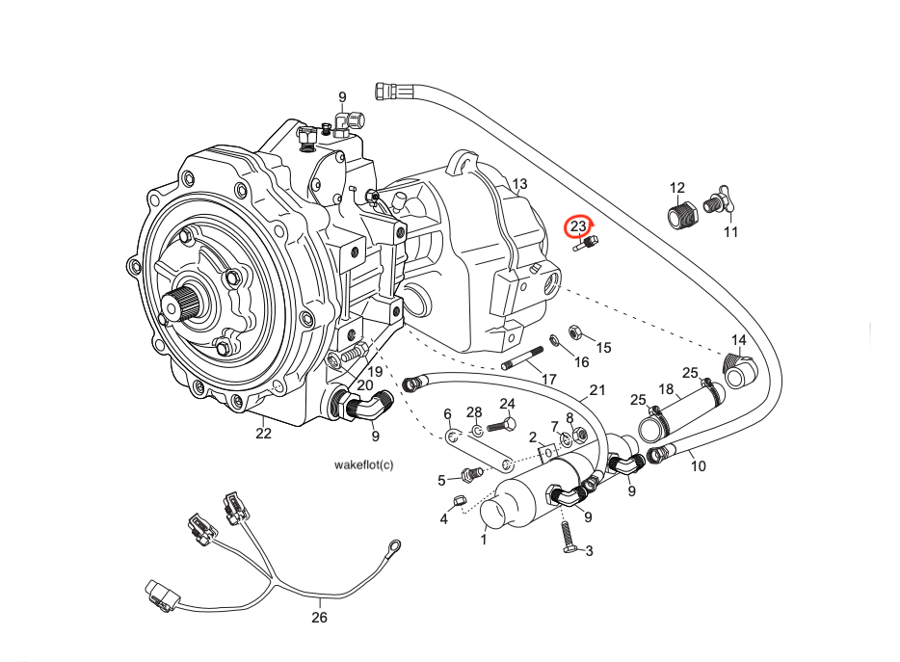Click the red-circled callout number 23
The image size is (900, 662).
tap(578, 226)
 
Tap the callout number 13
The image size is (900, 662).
tap(519, 184)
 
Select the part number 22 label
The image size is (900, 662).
tap(263, 434)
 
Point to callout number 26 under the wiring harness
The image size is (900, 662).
tap(320, 617)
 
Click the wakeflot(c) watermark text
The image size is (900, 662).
tap(363, 464)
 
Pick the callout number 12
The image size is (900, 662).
tap(677, 188)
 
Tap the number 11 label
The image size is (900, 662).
tap(730, 232)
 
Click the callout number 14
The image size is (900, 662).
tap(739, 340)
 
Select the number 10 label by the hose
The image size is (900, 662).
tap(699, 466)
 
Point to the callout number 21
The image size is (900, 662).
tap(597, 390)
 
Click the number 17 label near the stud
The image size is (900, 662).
tap(548, 380)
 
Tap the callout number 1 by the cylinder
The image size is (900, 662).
tap(484, 541)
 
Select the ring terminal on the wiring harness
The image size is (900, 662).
tap(392, 545)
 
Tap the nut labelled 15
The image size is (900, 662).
tap(575, 331)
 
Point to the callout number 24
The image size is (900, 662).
tap(508, 404)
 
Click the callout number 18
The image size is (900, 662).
tap(666, 389)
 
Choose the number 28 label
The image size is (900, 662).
tap(474, 412)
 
